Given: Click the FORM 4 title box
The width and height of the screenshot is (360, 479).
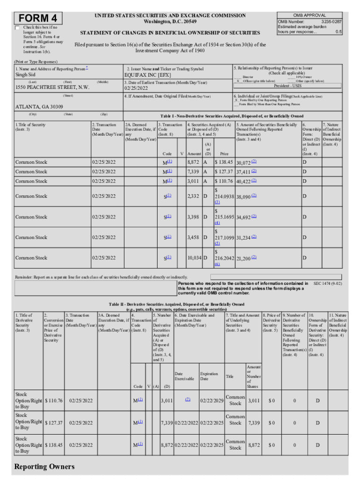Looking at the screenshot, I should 38,18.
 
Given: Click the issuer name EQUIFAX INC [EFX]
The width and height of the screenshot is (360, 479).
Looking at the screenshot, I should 147,74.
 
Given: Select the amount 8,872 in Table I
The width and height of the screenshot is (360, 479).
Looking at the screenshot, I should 193,162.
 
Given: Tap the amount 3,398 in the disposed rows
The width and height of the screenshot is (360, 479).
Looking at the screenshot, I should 193,217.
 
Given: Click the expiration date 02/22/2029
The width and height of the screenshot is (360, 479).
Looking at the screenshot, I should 212,400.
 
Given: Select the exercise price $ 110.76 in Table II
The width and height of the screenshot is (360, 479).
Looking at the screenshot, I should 53,400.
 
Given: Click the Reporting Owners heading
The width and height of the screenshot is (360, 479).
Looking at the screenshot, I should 44,467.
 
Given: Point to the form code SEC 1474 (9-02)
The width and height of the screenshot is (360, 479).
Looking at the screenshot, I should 327,283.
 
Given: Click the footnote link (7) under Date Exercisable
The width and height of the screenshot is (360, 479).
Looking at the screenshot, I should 187,399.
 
